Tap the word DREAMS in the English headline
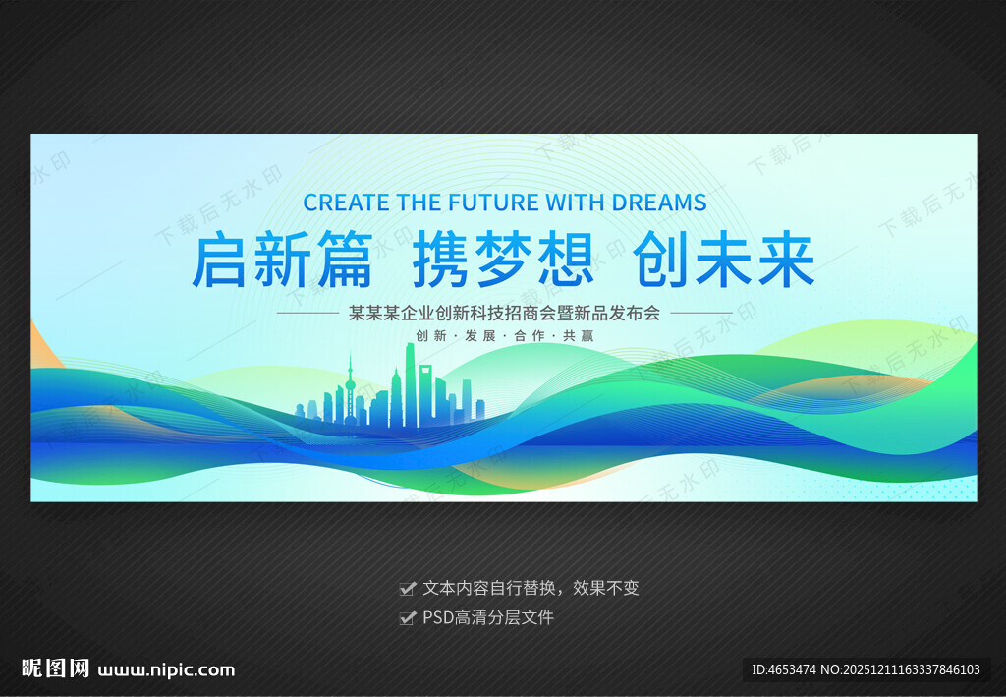(x=658, y=203)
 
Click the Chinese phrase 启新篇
(x=282, y=261)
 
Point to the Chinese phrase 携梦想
(x=503, y=261)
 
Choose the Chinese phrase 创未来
(x=724, y=261)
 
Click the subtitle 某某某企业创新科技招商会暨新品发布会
(x=504, y=314)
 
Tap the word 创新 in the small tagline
(x=431, y=335)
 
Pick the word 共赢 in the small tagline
(x=578, y=335)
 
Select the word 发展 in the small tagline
(x=481, y=335)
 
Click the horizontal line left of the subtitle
(x=307, y=314)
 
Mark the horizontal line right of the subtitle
(x=700, y=314)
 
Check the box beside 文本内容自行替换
(x=407, y=589)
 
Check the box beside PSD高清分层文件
(x=407, y=618)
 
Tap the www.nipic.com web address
(x=166, y=670)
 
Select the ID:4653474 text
(x=784, y=670)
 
